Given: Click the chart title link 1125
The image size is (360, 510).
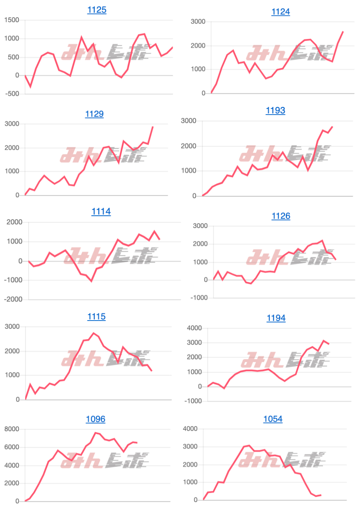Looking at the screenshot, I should pyautogui.click(x=96, y=10).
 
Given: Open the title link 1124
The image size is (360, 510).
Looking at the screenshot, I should pyautogui.click(x=280, y=12).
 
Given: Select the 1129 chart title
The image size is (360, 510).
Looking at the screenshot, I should pyautogui.click(x=94, y=114).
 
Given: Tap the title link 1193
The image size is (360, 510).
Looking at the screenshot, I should pyautogui.click(x=275, y=110).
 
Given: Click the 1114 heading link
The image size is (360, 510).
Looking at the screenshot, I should pyautogui.click(x=101, y=211).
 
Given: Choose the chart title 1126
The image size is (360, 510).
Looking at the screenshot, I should pyautogui.click(x=281, y=216).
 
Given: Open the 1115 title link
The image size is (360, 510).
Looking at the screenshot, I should pyautogui.click(x=96, y=317).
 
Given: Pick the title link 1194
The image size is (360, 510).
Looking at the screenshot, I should pyautogui.click(x=276, y=318).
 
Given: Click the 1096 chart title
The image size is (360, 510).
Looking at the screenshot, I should pyautogui.click(x=95, y=419).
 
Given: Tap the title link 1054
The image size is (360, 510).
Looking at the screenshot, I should pyautogui.click(x=273, y=419).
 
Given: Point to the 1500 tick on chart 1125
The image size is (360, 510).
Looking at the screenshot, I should pyautogui.click(x=12, y=20).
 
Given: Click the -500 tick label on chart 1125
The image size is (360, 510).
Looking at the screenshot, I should pyautogui.click(x=12, y=94).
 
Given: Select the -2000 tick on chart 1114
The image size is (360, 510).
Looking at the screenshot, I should pyautogui.click(x=13, y=299).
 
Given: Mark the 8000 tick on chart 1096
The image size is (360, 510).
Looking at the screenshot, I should pyautogui.click(x=12, y=429).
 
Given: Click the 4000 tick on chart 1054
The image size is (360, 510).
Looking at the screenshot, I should pyautogui.click(x=190, y=429).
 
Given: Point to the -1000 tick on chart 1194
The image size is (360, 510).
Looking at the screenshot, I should pyautogui.click(x=193, y=401).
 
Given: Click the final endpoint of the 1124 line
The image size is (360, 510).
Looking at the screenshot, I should pyautogui.click(x=343, y=32).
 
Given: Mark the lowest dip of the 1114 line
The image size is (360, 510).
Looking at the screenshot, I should pyautogui.click(x=91, y=281).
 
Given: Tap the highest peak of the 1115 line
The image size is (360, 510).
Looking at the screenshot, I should pyautogui.click(x=94, y=333).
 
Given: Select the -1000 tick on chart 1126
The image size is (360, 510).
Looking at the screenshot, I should pyautogui.click(x=199, y=297).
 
